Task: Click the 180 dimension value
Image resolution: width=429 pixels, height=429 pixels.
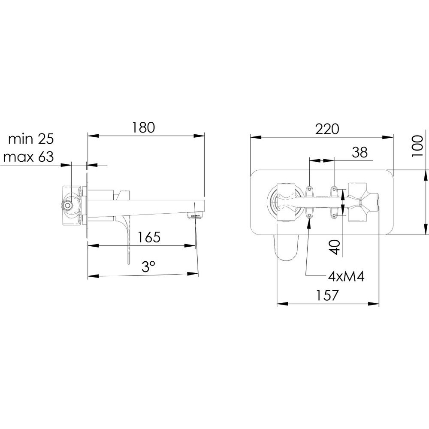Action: click(143, 127)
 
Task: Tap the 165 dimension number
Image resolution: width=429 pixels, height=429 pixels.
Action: click(148, 237)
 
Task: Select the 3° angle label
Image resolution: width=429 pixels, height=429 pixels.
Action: click(148, 266)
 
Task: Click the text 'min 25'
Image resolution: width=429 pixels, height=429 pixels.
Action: click(31, 139)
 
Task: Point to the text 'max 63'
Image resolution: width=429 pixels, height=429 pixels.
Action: click(28, 157)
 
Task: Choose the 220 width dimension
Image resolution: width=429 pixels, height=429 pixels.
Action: click(327, 129)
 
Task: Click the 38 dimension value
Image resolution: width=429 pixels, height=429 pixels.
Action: click(360, 152)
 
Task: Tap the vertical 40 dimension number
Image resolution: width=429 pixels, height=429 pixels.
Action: click(335, 247)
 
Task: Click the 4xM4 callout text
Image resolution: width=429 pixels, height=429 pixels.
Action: click(346, 277)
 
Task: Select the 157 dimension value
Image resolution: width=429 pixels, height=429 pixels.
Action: click(327, 295)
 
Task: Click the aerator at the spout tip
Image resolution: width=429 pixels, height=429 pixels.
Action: click(194, 216)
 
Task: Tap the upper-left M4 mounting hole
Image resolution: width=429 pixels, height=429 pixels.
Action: click(309, 189)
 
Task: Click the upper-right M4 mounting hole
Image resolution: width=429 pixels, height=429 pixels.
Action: click(334, 189)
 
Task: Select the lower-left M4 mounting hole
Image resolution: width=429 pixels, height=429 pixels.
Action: click(309, 216)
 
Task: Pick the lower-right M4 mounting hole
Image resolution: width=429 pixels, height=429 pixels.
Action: click(334, 216)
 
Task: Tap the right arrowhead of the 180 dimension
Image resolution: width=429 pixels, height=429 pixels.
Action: click(199, 136)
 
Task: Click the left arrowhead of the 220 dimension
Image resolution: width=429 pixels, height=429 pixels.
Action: click(256, 137)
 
